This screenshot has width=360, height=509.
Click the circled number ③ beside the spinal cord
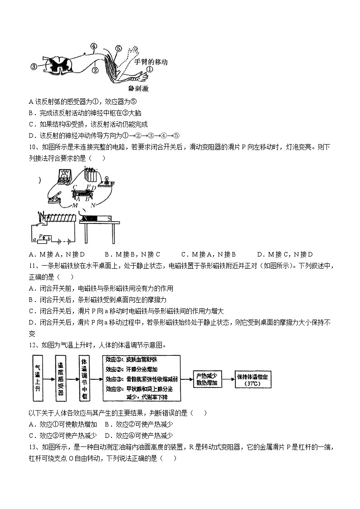[x=34, y=67]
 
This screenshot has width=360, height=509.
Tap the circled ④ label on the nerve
[x=94, y=46]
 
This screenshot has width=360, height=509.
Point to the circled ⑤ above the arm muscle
[x=118, y=48]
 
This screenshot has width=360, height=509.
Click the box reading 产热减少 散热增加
[x=208, y=378]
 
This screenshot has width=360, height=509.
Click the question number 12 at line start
[x=32, y=345]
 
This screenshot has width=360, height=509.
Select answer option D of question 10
[x=285, y=254]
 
